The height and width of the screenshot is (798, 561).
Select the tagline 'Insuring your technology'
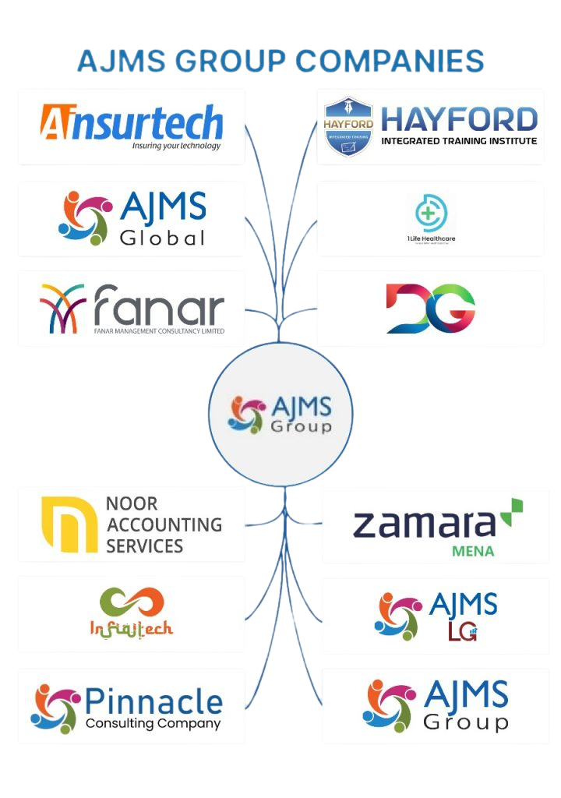point(176,146)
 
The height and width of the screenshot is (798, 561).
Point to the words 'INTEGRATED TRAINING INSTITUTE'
point(459,141)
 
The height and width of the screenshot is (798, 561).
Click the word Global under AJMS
point(163,237)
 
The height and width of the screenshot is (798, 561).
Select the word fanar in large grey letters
point(159,307)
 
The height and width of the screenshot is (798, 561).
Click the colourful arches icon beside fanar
point(63,308)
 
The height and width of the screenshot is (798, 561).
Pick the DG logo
point(430,308)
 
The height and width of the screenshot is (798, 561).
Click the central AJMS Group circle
point(280,414)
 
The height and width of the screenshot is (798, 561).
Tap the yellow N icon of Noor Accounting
point(69,524)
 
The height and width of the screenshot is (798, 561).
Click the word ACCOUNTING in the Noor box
point(164,524)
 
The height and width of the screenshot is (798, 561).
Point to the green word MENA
point(473,551)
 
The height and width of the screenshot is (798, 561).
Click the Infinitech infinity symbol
point(132,602)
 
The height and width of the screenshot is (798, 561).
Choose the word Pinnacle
point(153,701)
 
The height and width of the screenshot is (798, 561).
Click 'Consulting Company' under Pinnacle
point(153,724)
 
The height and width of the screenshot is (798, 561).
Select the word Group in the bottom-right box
point(465,722)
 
